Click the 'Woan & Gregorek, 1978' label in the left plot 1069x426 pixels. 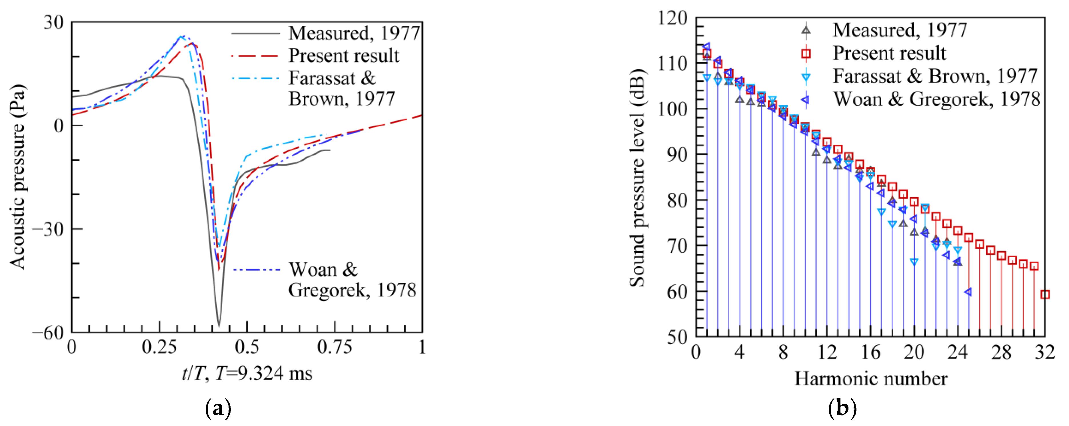click(x=352, y=280)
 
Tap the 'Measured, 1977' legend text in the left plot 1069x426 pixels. click(x=354, y=33)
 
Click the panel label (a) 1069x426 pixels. click(x=218, y=409)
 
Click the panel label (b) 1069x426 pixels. click(x=842, y=409)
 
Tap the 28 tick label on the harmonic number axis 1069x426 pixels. click(x=1001, y=353)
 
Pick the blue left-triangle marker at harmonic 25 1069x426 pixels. click(x=968, y=292)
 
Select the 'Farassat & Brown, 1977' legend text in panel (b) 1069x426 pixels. click(x=934, y=76)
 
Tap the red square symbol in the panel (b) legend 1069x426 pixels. click(x=806, y=53)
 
